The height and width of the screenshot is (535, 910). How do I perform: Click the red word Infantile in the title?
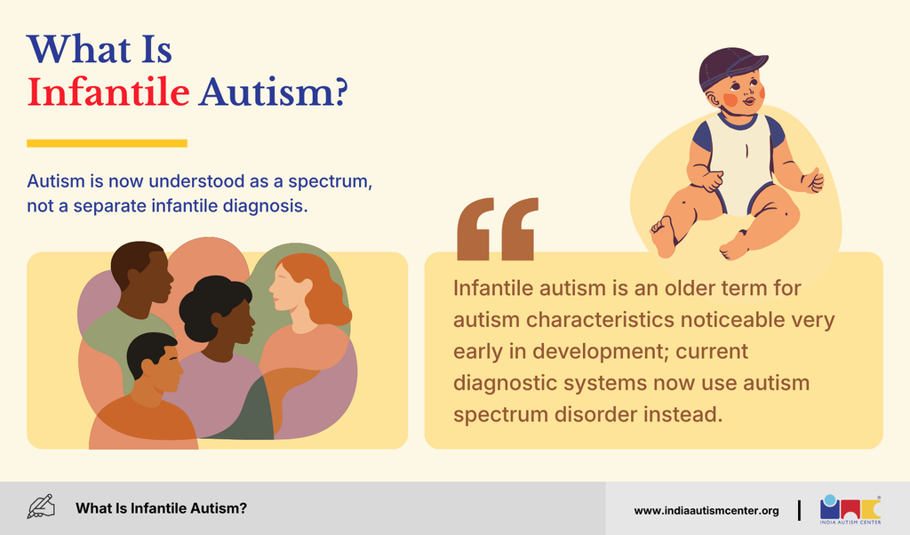[x=108, y=92]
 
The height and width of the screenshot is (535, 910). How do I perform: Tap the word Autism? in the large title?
[x=273, y=92]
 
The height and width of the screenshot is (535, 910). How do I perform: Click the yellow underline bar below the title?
[x=107, y=143]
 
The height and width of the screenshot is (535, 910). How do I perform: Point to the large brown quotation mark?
[x=498, y=228]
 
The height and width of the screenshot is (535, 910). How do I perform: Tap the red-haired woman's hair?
[x=320, y=289]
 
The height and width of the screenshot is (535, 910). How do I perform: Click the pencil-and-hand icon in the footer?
[x=41, y=507]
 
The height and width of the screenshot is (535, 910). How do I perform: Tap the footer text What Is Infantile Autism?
[x=161, y=508]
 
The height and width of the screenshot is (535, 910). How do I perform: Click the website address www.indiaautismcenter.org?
[x=706, y=511]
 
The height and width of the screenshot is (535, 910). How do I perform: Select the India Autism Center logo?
[x=850, y=509]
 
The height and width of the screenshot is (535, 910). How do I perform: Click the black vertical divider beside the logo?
[x=799, y=510]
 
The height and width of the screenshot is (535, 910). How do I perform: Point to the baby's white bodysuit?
[x=741, y=163]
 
